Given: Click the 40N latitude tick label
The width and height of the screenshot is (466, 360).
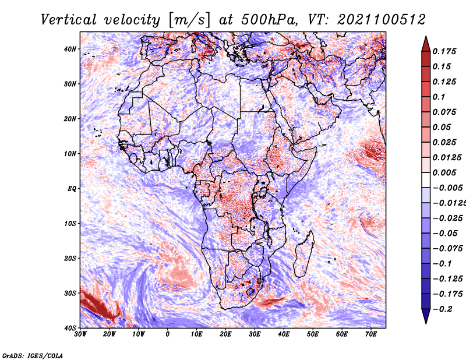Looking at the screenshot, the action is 70,49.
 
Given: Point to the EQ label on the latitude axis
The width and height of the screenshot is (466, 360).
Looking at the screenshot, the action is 72,189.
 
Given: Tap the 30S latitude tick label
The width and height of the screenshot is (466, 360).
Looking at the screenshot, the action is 70,293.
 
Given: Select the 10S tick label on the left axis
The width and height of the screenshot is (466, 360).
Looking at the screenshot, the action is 70,224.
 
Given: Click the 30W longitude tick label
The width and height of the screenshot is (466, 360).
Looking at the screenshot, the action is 80,334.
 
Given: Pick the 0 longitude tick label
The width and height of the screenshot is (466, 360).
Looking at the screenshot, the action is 167,334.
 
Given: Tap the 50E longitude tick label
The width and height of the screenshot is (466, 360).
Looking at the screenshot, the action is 312,334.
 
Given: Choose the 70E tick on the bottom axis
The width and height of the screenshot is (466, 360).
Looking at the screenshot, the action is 370,334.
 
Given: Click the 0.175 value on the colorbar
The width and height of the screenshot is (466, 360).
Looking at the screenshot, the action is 444,52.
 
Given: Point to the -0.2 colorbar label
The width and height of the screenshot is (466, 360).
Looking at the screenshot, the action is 443,309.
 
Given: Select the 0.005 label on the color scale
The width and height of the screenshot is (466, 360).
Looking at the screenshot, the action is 444,172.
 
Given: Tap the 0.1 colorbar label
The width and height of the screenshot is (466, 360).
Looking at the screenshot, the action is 439,97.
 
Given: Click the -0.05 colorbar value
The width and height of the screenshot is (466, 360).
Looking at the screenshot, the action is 445,234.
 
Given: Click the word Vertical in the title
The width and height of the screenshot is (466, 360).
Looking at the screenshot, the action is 68,20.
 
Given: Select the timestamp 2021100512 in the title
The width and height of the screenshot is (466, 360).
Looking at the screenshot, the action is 382,20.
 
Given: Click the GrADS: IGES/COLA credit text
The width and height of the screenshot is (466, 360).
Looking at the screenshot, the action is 33,356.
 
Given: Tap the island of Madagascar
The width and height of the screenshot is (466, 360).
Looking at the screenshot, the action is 304,254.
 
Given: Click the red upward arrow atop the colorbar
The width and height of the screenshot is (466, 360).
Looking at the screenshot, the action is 426,44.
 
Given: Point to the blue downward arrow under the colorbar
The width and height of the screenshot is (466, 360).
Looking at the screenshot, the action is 426,316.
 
